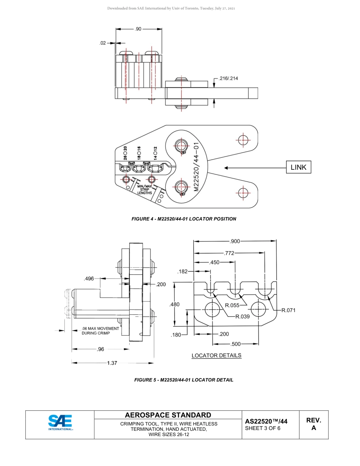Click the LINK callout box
(298, 167)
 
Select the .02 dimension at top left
(103, 43)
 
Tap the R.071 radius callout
(288, 310)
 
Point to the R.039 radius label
(242, 317)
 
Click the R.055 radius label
(232, 305)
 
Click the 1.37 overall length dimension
(112, 363)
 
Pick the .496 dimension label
(89, 278)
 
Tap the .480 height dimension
(175, 304)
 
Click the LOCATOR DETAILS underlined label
(216, 355)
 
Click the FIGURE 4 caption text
(183, 219)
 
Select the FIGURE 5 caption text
(184, 380)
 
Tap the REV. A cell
(313, 424)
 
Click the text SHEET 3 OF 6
(263, 428)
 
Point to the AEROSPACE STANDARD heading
(168, 415)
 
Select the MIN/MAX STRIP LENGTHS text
(144, 189)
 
